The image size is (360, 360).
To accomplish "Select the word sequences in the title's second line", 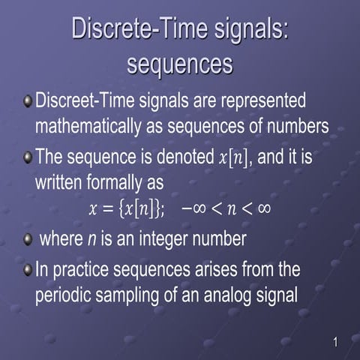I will pos(180,64).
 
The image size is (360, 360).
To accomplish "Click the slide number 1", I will pos(335,343).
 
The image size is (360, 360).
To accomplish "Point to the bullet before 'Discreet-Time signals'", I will pos(28,100).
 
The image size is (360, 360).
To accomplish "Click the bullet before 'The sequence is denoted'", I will pos(28,158).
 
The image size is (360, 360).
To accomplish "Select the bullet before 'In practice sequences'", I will pos(28,268).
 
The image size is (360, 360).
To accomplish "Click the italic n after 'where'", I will pos(91,240).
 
